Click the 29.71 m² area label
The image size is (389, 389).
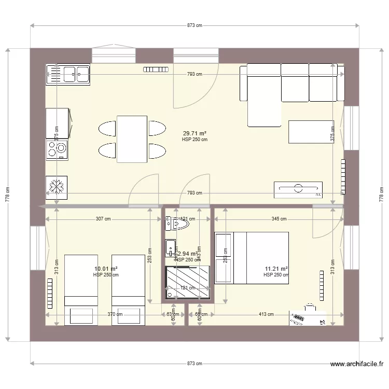click(x=195, y=133)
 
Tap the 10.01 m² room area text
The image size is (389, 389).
click(x=106, y=269)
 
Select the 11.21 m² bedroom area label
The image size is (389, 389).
click(x=276, y=269)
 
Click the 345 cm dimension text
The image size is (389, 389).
click(x=279, y=219)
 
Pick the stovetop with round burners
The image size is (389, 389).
click(x=57, y=150)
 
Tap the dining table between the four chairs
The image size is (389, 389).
click(x=132, y=139)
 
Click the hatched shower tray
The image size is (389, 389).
click(x=188, y=283)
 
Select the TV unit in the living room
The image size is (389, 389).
click(x=298, y=189)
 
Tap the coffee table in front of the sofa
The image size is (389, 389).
click(x=311, y=131)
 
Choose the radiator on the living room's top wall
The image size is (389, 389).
click(x=156, y=68)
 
